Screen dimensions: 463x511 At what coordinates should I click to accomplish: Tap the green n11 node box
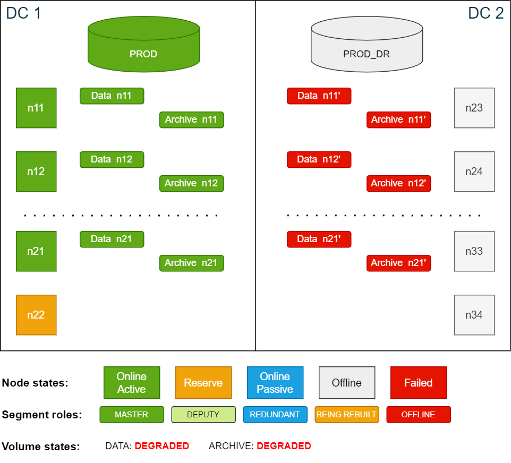pyautogui.click(x=36, y=108)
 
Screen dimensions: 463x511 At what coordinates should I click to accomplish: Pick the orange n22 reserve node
pyautogui.click(x=36, y=315)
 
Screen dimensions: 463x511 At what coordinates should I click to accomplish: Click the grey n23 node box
pyautogui.click(x=474, y=108)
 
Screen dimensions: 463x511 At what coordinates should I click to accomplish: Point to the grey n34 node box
pyautogui.click(x=474, y=315)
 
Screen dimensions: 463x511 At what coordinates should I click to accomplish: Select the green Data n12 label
pyautogui.click(x=112, y=159)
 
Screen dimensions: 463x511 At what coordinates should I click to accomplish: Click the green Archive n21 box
pyautogui.click(x=192, y=263)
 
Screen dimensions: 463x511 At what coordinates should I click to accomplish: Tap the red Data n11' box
pyautogui.click(x=319, y=96)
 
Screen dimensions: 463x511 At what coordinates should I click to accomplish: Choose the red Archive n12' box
pyautogui.click(x=398, y=183)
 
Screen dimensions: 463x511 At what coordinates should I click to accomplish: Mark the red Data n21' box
pyautogui.click(x=319, y=239)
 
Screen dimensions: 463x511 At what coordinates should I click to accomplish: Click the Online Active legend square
pyautogui.click(x=132, y=383)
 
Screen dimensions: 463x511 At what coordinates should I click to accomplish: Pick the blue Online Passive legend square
pyautogui.click(x=275, y=383)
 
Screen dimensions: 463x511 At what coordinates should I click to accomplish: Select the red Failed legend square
pyautogui.click(x=419, y=383)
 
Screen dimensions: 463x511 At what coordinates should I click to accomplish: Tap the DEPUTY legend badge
pyautogui.click(x=203, y=415)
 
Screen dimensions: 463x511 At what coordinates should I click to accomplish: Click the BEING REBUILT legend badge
pyautogui.click(x=347, y=415)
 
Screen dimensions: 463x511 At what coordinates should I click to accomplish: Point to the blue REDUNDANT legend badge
pyautogui.click(x=275, y=415)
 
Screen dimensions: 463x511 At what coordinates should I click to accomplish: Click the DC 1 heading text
pyautogui.click(x=23, y=13)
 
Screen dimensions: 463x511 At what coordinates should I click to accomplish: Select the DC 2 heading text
pyautogui.click(x=486, y=13)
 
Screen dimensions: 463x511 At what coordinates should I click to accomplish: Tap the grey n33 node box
pyautogui.click(x=474, y=251)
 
